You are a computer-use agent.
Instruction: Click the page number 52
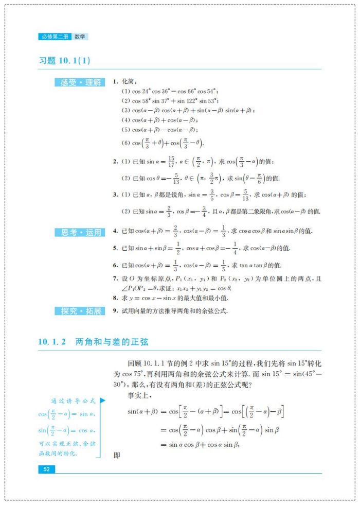pyautogui.click(x=46, y=469)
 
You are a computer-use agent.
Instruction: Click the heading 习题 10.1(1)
pyautogui.click(x=65, y=60)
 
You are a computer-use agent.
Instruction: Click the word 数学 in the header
pyautogui.click(x=80, y=37)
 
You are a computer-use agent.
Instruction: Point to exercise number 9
pyautogui.click(x=115, y=311)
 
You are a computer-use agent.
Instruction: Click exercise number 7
pyautogui.click(x=115, y=278)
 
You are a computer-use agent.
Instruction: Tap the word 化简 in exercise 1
pyautogui.click(x=127, y=82)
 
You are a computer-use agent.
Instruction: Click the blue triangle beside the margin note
pyautogui.click(x=102, y=400)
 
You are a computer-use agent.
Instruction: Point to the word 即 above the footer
pyautogui.click(x=117, y=455)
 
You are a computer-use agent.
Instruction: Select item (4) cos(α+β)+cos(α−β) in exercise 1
pyautogui.click(x=160, y=120)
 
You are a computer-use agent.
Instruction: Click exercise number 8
pyautogui.click(x=115, y=298)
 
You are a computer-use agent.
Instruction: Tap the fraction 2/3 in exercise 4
pyautogui.click(x=175, y=232)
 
